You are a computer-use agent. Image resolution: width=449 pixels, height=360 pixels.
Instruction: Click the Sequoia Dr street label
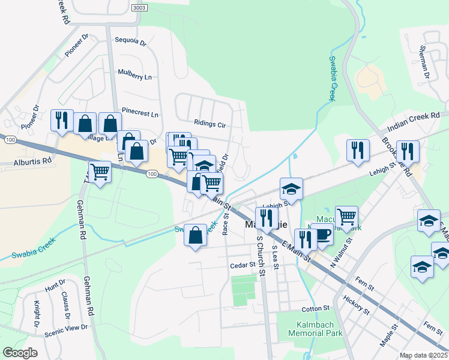click(x=130, y=41)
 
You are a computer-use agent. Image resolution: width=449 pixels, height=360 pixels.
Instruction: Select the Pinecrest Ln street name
click(x=140, y=112)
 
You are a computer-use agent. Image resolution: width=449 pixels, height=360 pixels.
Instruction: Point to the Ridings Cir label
click(x=209, y=124)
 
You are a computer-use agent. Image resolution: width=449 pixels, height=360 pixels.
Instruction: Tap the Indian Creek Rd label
click(x=414, y=121)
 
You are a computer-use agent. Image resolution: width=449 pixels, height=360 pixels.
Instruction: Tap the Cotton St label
click(x=316, y=308)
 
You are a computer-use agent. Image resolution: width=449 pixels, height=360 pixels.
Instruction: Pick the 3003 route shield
click(x=139, y=8)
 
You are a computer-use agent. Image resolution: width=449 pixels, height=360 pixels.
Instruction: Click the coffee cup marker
click(x=322, y=234)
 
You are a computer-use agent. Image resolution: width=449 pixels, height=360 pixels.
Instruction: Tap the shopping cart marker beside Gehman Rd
click(x=100, y=172)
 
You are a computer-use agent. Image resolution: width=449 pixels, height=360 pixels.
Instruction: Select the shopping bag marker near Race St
click(x=195, y=235)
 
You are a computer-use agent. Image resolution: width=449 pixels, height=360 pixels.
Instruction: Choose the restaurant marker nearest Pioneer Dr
click(x=62, y=120)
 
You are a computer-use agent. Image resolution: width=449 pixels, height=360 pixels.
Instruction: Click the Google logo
click(x=20, y=353)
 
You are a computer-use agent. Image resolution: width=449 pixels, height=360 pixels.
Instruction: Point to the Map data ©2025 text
click(x=423, y=355)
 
